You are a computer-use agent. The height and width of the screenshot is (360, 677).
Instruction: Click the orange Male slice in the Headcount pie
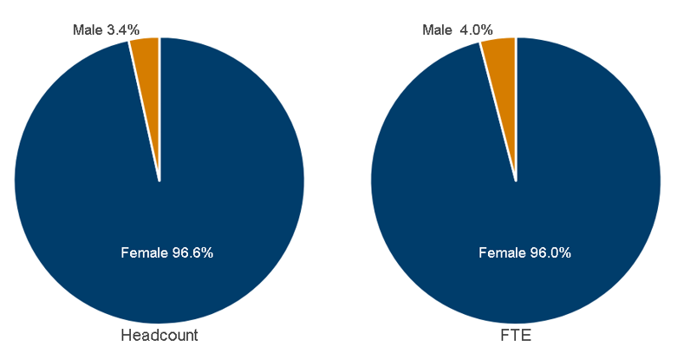click(147, 69)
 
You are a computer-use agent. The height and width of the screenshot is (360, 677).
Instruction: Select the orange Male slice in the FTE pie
click(502, 69)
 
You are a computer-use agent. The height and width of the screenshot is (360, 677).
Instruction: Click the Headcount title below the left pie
click(159, 336)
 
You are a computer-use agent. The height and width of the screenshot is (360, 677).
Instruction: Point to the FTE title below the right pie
click(516, 336)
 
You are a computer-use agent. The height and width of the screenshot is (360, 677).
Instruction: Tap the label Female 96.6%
click(166, 253)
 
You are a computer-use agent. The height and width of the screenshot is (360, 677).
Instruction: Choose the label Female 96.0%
click(524, 253)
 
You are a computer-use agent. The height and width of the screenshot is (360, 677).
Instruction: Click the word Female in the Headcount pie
click(142, 253)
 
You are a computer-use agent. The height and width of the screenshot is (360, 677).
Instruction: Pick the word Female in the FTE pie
click(500, 253)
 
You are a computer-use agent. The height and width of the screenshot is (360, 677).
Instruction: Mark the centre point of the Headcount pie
click(159, 181)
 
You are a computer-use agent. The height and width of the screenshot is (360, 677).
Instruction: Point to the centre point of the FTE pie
click(516, 181)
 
